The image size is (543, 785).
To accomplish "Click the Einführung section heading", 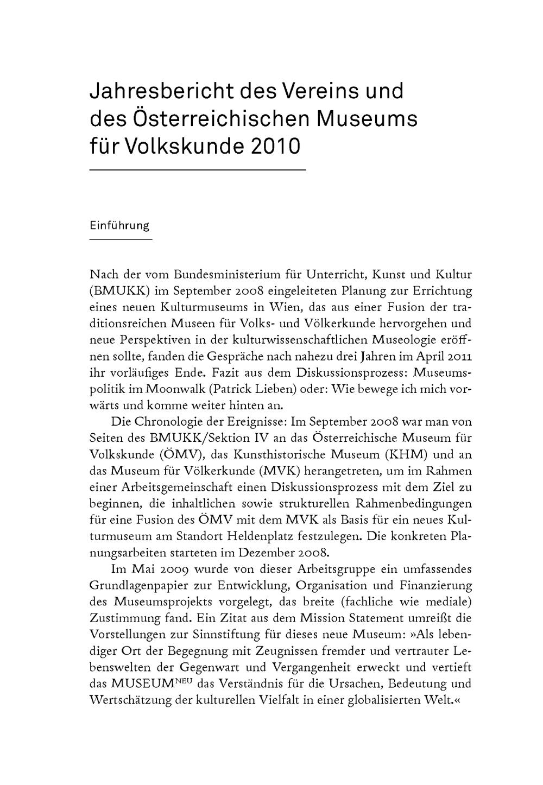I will click(119, 226).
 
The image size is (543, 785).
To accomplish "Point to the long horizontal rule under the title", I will click(198, 170).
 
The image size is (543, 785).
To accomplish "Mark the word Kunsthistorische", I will click(277, 454).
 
